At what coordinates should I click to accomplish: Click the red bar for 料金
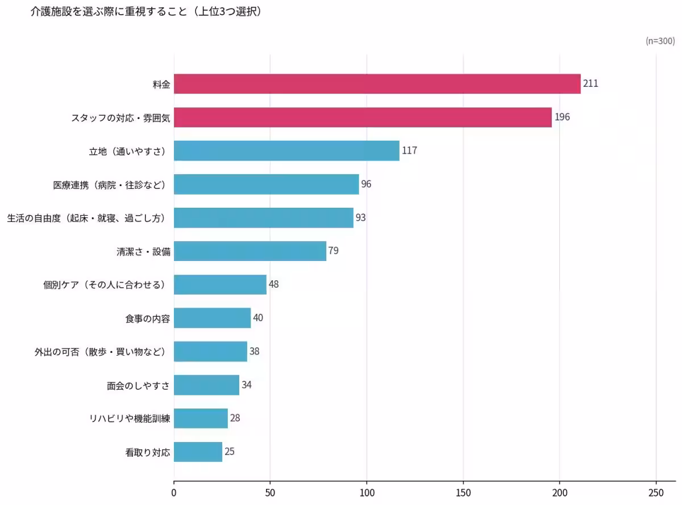click(377, 84)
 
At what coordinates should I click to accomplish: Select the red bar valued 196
click(363, 117)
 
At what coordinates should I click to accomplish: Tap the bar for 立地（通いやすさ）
click(286, 151)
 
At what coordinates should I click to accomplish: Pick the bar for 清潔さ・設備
click(250, 251)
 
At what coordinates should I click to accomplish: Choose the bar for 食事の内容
click(212, 318)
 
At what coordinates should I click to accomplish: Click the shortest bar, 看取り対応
click(198, 452)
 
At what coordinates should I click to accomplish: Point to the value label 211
click(590, 84)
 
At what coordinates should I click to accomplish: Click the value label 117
click(409, 151)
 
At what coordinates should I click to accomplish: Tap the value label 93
click(361, 217)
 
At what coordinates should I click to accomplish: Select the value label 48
click(273, 284)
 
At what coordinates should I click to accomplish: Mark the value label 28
click(235, 418)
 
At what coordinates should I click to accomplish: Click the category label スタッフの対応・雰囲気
click(120, 118)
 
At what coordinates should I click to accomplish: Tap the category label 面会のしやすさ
click(138, 385)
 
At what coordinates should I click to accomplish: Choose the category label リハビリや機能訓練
click(130, 419)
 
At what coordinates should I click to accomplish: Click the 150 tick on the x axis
click(463, 491)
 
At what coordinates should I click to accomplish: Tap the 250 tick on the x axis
click(656, 491)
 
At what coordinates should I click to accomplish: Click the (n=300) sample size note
click(660, 41)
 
